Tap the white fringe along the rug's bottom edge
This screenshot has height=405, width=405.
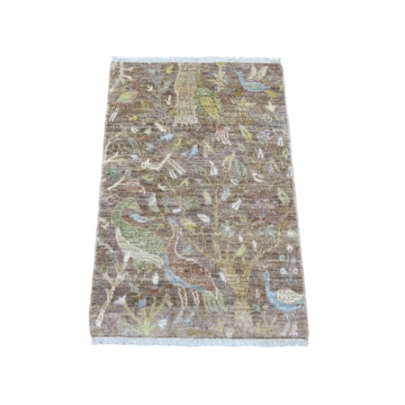click(x=200, y=342)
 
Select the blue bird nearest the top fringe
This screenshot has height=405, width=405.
click(x=252, y=82)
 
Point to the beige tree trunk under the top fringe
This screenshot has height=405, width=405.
click(x=184, y=94)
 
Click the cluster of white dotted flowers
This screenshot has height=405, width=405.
click(x=288, y=261)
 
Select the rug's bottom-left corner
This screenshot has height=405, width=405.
click(x=94, y=339)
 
